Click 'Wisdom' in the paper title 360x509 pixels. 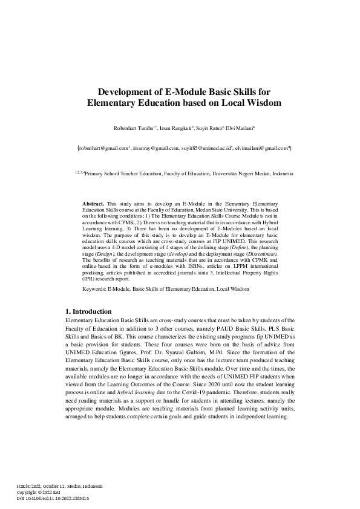click(247, 103)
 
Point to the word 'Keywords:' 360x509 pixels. click(94, 290)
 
